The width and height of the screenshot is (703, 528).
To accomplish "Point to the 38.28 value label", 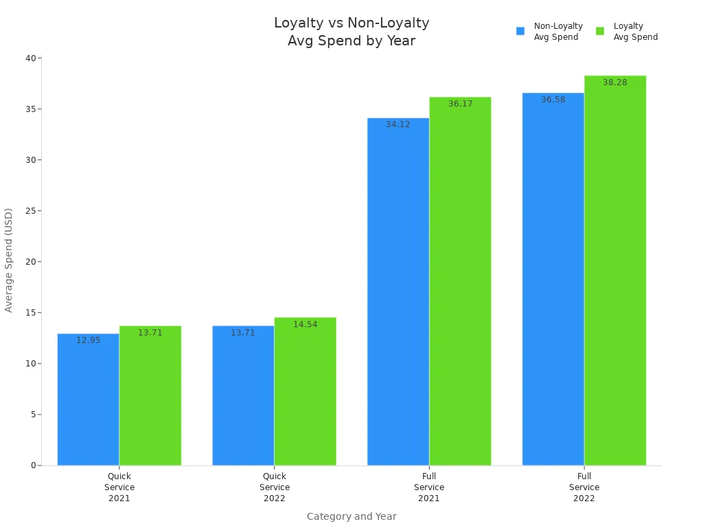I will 615,82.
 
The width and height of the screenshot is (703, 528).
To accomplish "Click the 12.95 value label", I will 88,340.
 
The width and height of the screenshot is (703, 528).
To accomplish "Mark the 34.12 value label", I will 398,124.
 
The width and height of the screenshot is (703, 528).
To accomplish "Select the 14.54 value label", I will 305,324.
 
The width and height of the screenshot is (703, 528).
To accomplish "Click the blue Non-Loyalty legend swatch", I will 520,31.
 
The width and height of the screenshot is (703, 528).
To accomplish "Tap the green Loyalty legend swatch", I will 600,31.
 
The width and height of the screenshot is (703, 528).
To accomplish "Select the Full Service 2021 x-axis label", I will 429,487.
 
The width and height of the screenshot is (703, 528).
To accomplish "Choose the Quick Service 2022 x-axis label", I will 274,487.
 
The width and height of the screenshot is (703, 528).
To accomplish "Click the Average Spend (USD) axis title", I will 9,260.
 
